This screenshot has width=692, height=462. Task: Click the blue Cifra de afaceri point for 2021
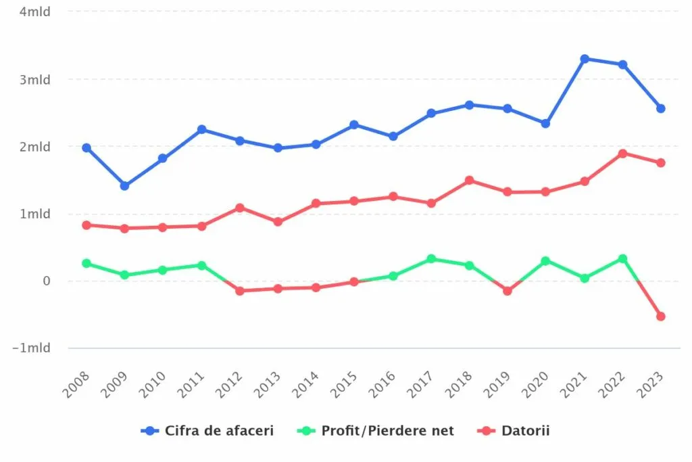[x=585, y=59]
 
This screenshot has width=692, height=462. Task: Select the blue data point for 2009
[x=124, y=185]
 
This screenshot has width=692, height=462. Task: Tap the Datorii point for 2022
[x=622, y=154]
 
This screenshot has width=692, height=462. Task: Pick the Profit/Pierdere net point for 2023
[x=661, y=316]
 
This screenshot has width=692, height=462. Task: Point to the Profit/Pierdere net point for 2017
[x=431, y=259]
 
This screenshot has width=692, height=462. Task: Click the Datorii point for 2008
[x=86, y=225]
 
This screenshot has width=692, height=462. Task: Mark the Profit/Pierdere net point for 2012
[x=240, y=291]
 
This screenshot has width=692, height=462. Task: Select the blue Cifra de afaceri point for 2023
[x=661, y=108]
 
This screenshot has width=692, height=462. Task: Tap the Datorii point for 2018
[x=469, y=181]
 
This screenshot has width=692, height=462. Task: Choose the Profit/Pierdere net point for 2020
[x=546, y=261]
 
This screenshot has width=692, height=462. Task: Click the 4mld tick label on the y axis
[x=35, y=11]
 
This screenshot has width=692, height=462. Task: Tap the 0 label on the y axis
[x=47, y=281]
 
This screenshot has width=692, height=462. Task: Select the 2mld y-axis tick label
[x=35, y=147]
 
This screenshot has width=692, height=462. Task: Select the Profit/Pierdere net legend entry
[x=378, y=431]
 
